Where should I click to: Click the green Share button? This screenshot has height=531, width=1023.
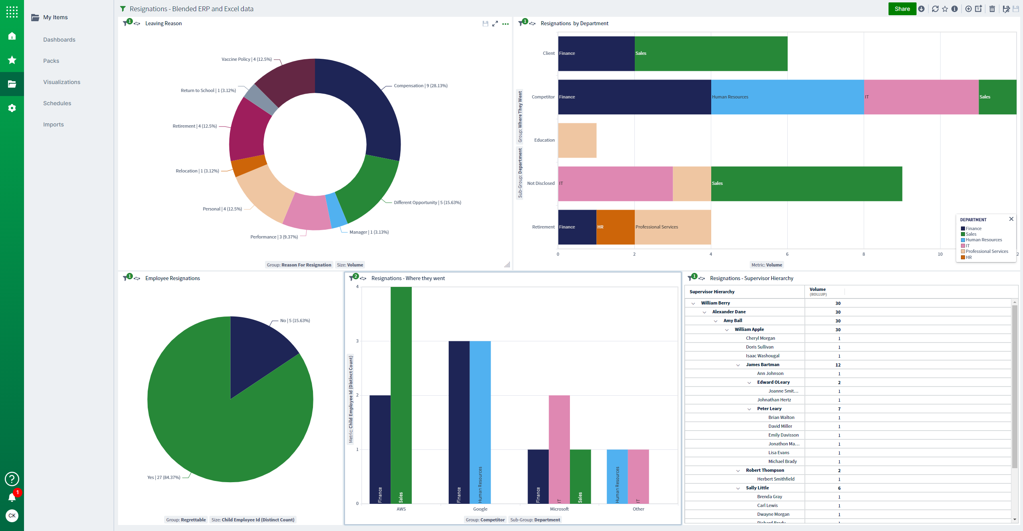pos(902,9)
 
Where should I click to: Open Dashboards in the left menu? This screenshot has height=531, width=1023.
pos(59,40)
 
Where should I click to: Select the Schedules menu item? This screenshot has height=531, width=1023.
pos(57,103)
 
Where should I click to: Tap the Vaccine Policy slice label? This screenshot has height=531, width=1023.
pos(246,59)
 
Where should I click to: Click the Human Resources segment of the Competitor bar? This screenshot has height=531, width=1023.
pos(787,97)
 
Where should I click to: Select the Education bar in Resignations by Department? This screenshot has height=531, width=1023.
pos(577,140)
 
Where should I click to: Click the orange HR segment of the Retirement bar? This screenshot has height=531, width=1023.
pos(615,227)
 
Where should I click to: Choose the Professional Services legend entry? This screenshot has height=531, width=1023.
pos(987,251)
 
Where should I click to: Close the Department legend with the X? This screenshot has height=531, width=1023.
pos(1011,219)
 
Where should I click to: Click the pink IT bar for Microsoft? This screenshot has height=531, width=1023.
pos(559,448)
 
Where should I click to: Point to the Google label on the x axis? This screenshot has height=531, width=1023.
pos(480,509)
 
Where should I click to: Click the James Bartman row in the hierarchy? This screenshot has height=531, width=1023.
pos(762,365)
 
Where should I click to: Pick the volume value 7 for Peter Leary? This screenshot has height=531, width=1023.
pos(839,409)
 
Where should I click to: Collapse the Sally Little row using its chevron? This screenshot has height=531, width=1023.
pos(738,488)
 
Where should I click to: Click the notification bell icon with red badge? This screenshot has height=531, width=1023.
pos(12,497)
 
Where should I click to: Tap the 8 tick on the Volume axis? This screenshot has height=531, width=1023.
pos(863,254)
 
